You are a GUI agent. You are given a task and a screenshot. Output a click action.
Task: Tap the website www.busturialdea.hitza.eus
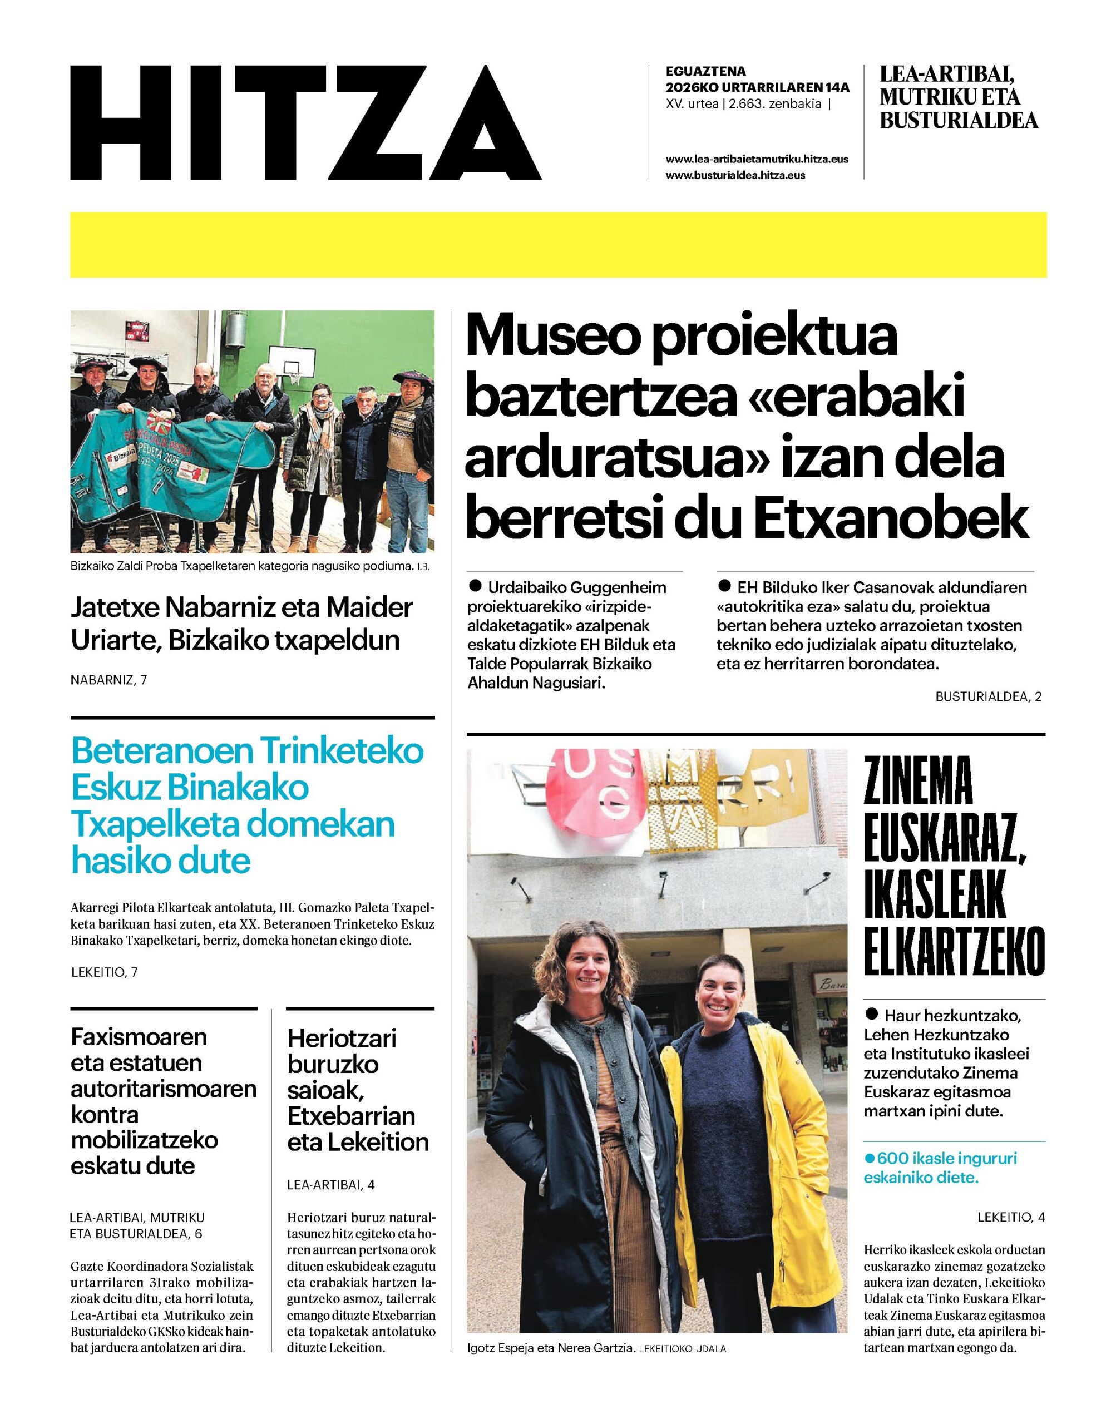coord(735,175)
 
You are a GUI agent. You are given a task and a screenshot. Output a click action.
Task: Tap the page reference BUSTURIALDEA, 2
coord(988,696)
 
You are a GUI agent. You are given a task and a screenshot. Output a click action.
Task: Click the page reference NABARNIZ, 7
coord(108,680)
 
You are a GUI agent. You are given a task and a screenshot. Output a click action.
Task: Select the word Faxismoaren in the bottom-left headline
coord(139,1037)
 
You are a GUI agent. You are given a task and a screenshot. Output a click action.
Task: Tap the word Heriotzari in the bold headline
coord(342,1038)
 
